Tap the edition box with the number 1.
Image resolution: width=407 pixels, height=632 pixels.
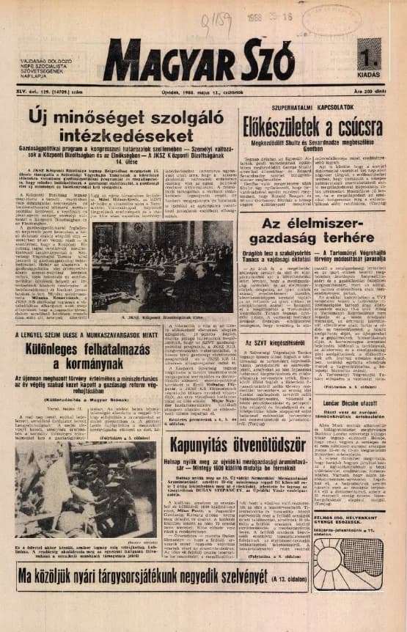[368, 56]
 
